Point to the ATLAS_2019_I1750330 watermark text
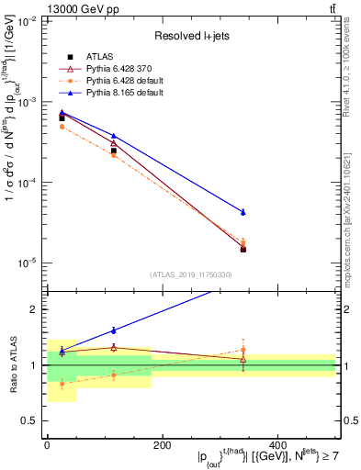pyautogui.click(x=192, y=274)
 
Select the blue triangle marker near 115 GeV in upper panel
pyautogui.click(x=114, y=136)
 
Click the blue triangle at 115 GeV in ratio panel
pyautogui.click(x=114, y=330)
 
